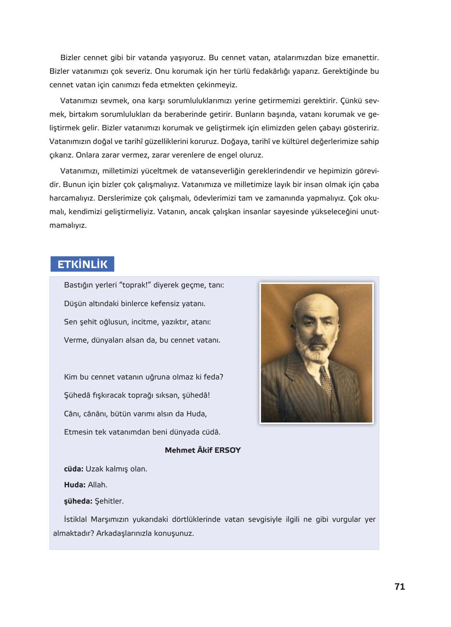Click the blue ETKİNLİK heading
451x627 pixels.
(82, 264)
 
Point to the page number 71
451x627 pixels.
(399, 587)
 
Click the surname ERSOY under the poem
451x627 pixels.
(228, 450)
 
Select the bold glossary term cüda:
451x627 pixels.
(74, 469)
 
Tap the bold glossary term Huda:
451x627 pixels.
(74, 485)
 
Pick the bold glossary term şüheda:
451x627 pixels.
(78, 501)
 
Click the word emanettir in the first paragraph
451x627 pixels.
(360, 58)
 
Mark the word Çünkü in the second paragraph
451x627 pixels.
(351, 101)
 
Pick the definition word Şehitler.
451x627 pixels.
(109, 501)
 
